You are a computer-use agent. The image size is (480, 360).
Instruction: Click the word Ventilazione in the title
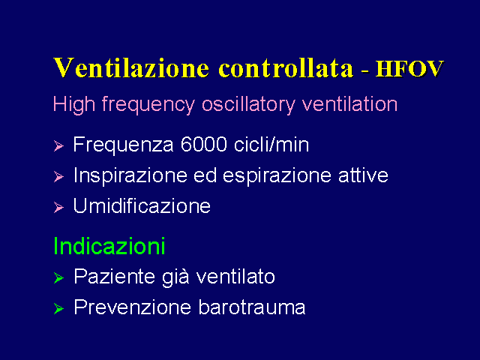click(132, 67)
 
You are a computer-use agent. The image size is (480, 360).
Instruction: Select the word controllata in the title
click(286, 67)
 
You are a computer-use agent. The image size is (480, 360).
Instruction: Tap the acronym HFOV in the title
click(409, 68)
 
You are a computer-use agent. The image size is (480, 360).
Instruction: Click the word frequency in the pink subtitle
click(148, 105)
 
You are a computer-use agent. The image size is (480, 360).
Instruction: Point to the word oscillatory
click(248, 104)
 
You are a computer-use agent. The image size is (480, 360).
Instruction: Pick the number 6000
click(203, 144)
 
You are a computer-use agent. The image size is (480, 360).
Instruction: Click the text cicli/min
click(271, 144)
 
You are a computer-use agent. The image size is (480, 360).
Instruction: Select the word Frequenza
click(123, 145)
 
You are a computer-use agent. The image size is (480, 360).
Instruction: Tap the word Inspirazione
click(130, 176)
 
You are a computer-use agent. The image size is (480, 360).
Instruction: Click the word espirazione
click(277, 176)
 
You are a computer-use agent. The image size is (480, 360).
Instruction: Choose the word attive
click(363, 175)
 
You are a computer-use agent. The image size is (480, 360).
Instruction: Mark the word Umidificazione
click(142, 205)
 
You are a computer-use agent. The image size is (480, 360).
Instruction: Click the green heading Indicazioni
click(109, 246)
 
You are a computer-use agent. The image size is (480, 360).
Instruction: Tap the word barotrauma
click(252, 307)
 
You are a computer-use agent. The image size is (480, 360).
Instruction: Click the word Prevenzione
click(133, 307)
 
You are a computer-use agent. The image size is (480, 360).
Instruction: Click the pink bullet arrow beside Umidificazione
click(58, 207)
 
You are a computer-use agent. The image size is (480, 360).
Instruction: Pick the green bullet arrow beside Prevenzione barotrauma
click(58, 308)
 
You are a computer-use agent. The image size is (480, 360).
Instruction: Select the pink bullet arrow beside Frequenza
click(58, 145)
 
